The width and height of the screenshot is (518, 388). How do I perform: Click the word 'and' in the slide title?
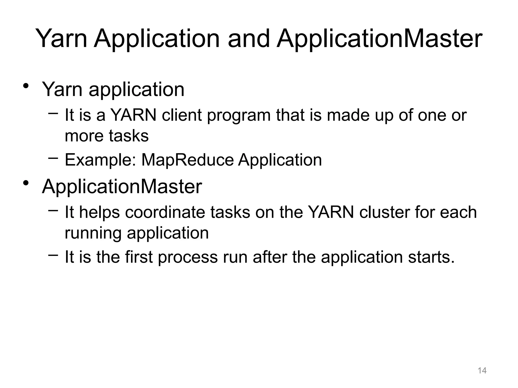[x=249, y=39]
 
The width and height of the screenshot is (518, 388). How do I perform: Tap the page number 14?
[x=482, y=371]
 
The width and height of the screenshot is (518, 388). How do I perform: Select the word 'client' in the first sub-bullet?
[x=182, y=115]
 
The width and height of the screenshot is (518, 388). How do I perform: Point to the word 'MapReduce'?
[x=187, y=160]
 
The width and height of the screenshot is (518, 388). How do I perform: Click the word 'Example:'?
[x=100, y=160]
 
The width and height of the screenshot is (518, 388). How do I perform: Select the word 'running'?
[x=93, y=233]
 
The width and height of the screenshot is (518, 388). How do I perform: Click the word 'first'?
[x=139, y=257]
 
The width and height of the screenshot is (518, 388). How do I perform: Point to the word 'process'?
[x=188, y=258]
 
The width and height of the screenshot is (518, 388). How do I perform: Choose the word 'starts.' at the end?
[x=431, y=257]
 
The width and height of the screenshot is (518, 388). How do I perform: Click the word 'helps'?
[x=99, y=213]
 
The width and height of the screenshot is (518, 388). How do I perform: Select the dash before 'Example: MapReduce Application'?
[x=53, y=158]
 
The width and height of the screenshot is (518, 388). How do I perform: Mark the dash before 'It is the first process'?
[x=53, y=255]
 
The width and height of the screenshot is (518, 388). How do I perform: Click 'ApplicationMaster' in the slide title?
[x=379, y=39]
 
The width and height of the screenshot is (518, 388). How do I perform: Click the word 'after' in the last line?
[x=270, y=257]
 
